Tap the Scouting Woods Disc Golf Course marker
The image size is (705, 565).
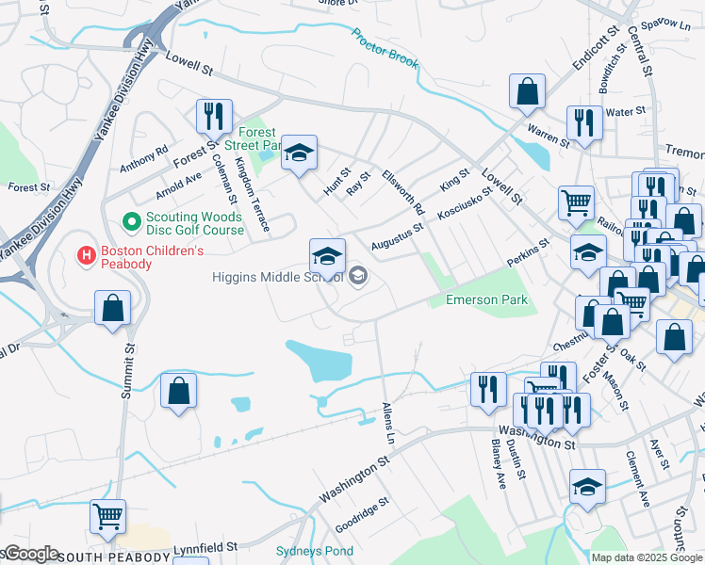pos(132,222)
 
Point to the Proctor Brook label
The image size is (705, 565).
pos(385,48)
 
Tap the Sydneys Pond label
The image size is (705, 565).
pos(315,551)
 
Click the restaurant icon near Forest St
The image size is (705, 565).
pos(214,117)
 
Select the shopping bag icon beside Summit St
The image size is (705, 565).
pos(112,309)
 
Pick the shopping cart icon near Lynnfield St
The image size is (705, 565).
pos(107,516)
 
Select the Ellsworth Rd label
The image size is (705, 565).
pos(404,191)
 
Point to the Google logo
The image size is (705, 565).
pos(30,555)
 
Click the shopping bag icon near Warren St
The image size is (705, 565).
pos(528,91)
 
